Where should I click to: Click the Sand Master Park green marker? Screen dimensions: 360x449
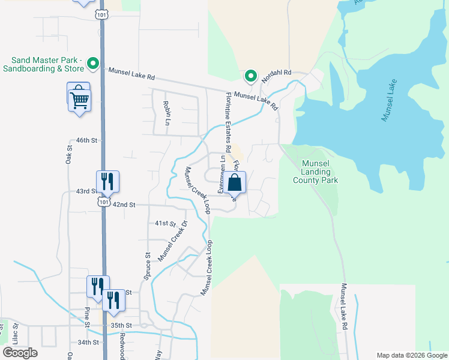[x=93, y=62]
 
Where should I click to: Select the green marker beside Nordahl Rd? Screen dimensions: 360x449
[x=251, y=76]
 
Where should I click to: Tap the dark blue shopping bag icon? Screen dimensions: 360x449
[x=235, y=182]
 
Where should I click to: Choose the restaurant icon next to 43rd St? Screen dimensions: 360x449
[x=107, y=181]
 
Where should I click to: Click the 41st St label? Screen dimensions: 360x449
[x=165, y=223]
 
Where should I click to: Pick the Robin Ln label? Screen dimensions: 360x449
[x=166, y=113]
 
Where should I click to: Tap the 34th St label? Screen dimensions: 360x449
[x=88, y=343]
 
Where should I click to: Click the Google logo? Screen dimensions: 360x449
[x=20, y=353]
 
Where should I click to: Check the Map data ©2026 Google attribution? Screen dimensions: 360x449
[x=411, y=355]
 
